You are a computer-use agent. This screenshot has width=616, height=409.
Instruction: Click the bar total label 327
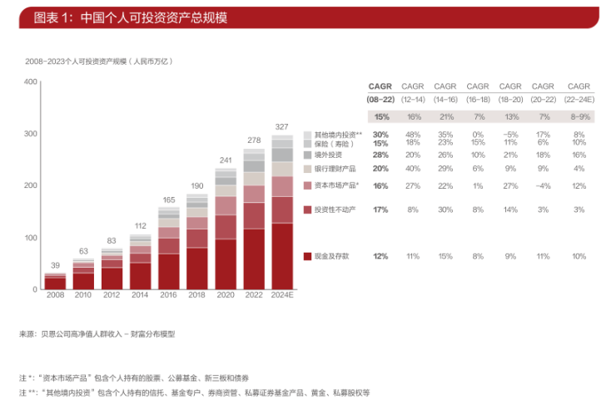pyautogui.click(x=281, y=127)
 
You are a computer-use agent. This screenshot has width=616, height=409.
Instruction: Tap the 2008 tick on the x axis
pyautogui.click(x=54, y=295)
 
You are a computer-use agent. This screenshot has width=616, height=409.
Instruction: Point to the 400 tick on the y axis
pyautogui.click(x=31, y=81)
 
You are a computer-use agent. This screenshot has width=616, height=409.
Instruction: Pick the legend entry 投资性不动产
pyautogui.click(x=335, y=209)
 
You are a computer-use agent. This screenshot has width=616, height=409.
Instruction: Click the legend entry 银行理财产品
pyautogui.click(x=334, y=168)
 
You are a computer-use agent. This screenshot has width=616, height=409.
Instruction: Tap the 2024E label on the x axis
pyautogui.click(x=281, y=295)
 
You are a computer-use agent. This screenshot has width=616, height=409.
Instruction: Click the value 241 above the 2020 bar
pyautogui.click(x=225, y=160)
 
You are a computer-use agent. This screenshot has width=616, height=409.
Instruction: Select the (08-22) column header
pyautogui.click(x=381, y=99)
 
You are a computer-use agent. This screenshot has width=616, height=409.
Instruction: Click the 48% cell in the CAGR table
pyautogui.click(x=413, y=135)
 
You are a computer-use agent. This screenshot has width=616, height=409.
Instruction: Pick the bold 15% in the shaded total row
pyautogui.click(x=381, y=117)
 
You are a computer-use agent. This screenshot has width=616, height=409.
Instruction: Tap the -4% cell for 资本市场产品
pyautogui.click(x=543, y=185)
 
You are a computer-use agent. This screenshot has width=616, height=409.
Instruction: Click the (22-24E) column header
pyautogui.click(x=579, y=99)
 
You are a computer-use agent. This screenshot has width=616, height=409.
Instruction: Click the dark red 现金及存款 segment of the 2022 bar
pyautogui.click(x=253, y=259)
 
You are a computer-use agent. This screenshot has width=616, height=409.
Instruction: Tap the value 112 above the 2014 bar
pyautogui.click(x=140, y=225)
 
